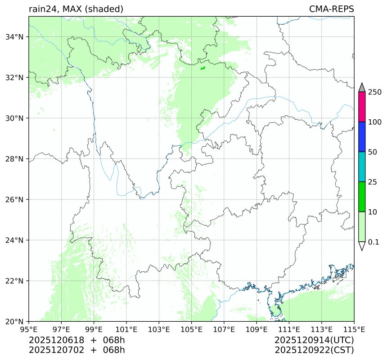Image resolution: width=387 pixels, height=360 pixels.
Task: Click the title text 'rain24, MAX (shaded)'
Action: (x=76, y=9)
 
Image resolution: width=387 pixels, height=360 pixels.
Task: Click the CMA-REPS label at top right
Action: (x=331, y=9)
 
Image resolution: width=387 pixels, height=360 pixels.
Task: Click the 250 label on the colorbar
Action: (x=374, y=92)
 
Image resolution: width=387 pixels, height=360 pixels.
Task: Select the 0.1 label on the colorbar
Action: (x=374, y=242)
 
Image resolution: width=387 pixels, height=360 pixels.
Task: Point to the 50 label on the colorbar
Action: (x=373, y=152)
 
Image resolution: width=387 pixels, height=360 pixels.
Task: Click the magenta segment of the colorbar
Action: (x=362, y=107)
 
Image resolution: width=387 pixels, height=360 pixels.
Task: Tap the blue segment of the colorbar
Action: (x=362, y=137)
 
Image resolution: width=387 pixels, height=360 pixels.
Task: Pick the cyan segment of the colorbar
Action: (x=362, y=167)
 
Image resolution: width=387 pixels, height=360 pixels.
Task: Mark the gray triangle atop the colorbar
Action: (x=362, y=87)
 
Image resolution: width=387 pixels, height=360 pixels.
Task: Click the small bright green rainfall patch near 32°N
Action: (x=203, y=68)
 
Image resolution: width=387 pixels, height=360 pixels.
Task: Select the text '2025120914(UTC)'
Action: (x=314, y=340)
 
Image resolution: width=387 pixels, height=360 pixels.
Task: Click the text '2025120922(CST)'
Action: (x=314, y=350)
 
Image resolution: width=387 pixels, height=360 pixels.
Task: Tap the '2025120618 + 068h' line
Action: (x=77, y=340)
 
